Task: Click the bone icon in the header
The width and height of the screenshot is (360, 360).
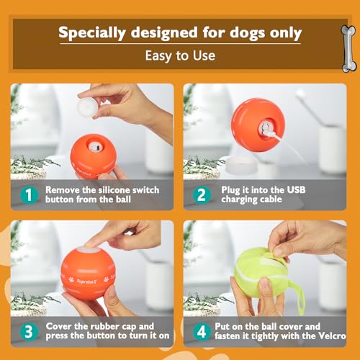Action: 348,48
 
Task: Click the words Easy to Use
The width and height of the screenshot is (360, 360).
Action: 179,55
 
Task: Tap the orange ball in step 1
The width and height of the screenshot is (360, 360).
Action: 92,155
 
